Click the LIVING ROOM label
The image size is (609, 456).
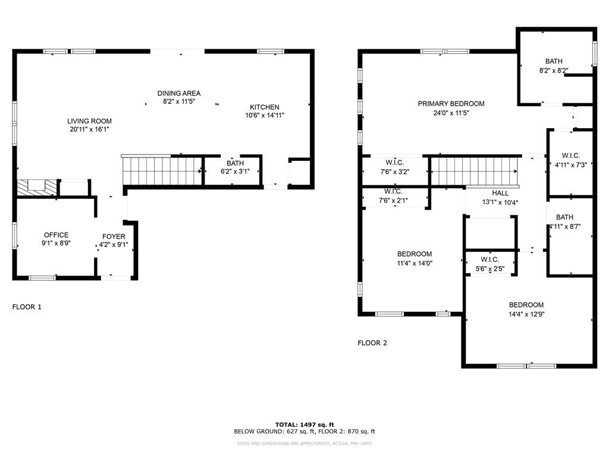tap(89, 121)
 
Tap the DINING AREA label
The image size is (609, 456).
tap(178, 93)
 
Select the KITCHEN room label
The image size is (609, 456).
tap(265, 107)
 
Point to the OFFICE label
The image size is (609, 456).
tap(56, 235)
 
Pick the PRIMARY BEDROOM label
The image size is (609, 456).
tap(451, 103)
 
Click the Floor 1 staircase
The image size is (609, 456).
tap(162, 171)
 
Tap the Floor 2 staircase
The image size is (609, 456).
tap(473, 171)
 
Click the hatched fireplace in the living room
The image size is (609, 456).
tap(37, 188)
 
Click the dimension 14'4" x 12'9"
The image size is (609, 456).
tap(526, 314)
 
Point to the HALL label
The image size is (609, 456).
tap(500, 193)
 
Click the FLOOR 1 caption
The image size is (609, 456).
tap(27, 307)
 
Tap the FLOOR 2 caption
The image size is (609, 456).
tap(372, 343)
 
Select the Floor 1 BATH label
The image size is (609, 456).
tap(235, 163)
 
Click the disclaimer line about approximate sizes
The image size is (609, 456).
tap(304, 444)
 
